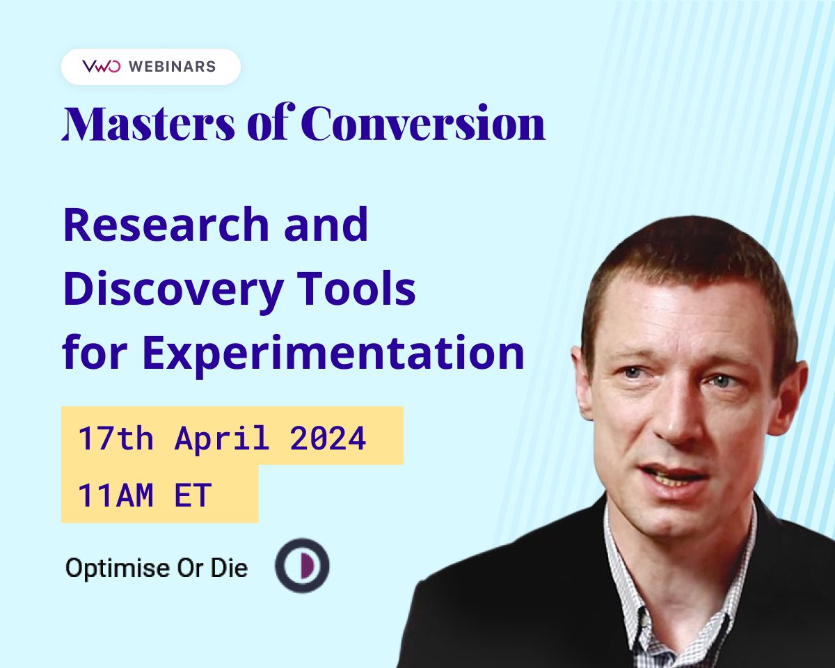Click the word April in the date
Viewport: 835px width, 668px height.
(222, 438)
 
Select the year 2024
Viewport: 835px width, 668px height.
(328, 438)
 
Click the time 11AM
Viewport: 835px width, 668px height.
(116, 495)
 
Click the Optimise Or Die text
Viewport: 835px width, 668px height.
(157, 568)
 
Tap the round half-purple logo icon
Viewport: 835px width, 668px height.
(302, 566)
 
